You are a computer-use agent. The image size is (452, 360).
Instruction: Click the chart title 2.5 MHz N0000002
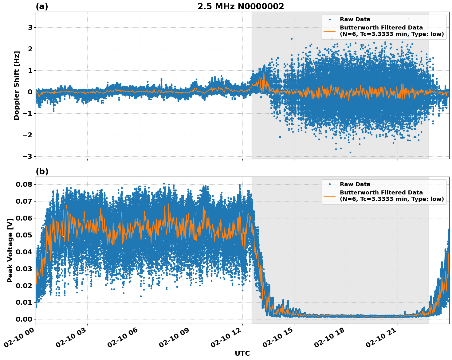241,6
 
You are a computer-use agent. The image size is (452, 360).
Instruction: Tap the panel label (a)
42,6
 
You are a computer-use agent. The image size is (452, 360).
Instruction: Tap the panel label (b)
42,171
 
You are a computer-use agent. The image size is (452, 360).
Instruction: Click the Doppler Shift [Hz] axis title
17,85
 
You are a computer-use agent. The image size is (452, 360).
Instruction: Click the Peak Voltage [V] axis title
10,250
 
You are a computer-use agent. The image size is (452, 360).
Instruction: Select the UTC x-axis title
242,353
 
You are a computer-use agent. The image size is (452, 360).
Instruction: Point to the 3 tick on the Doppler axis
30,28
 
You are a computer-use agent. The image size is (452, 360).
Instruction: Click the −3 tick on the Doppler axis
28,157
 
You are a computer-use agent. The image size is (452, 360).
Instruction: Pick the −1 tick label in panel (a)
28,114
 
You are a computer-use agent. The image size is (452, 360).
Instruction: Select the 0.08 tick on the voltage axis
24,185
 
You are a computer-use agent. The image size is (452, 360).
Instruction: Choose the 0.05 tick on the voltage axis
24,235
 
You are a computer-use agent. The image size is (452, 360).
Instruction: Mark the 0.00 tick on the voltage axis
24,319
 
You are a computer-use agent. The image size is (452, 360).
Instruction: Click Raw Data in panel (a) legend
355,20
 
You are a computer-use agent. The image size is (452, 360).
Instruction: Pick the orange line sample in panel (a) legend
330,31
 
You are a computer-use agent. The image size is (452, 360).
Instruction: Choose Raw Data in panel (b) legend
355,185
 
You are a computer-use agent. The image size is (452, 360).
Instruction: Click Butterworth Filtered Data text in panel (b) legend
381,193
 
